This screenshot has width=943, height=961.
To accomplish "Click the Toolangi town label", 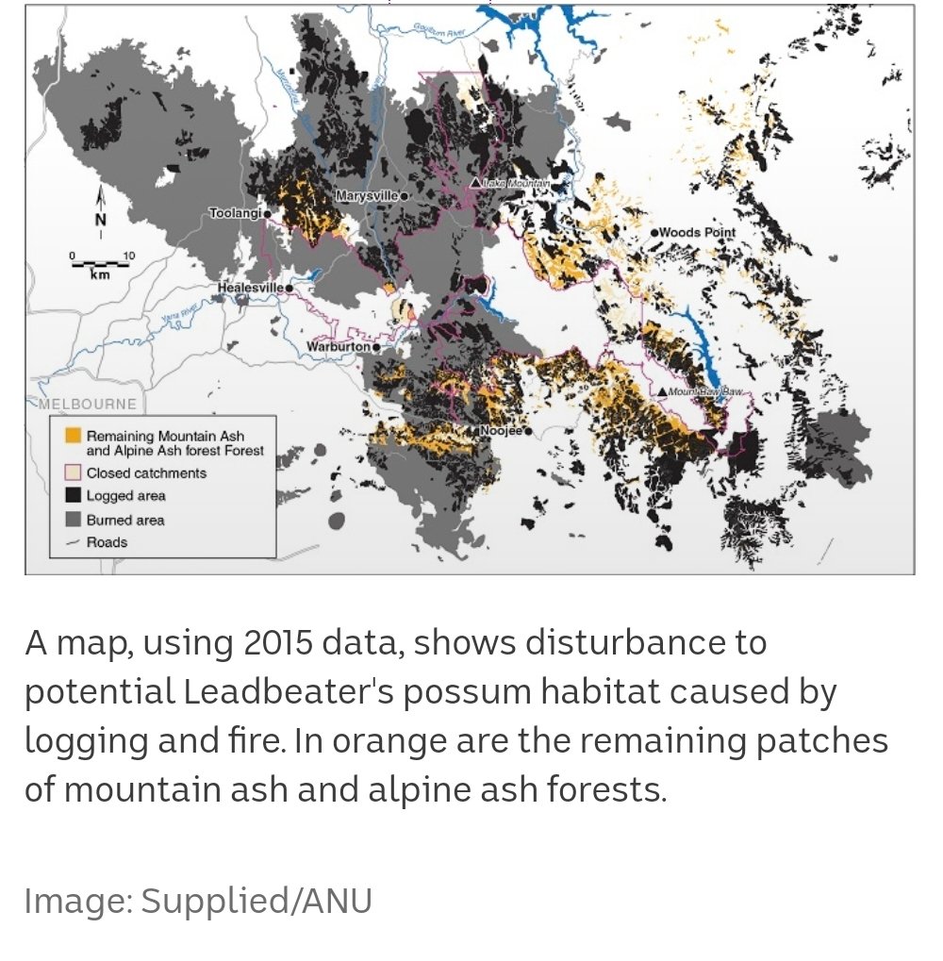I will tap(235, 214).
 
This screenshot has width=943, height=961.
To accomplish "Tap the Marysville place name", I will tap(367, 196).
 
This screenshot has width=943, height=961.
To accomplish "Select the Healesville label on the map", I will tap(250, 287).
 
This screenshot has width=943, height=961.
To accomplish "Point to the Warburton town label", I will tap(339, 347).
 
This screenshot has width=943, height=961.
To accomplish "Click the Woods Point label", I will tap(697, 232).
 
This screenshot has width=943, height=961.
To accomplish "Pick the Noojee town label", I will tap(501, 431).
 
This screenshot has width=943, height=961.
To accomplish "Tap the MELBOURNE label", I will tap(88, 405).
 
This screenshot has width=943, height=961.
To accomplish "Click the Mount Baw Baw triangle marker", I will tap(663, 391).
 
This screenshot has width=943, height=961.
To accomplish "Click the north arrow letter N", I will tap(101, 220).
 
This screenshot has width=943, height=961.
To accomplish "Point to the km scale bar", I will tap(100, 261).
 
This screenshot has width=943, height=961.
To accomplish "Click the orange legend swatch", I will tap(72, 437).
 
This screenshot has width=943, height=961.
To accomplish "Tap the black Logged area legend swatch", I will tap(72, 496).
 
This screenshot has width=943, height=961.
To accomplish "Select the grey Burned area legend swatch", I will tap(72, 520).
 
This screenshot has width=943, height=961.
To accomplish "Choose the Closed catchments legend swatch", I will tap(72, 472).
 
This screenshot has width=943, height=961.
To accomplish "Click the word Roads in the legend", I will tap(107, 542).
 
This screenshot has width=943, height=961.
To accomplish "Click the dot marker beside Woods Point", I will tap(653, 232).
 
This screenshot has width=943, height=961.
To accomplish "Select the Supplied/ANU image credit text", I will tap(256, 901).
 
